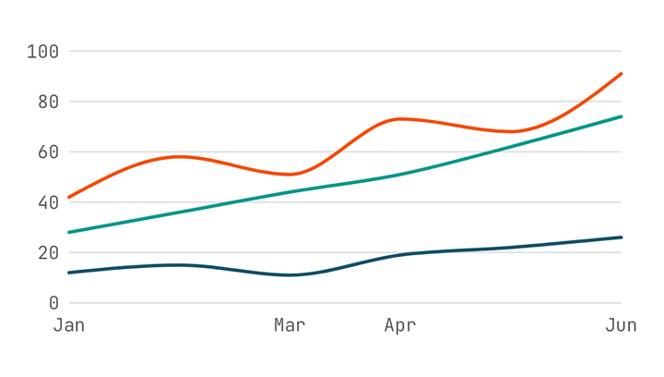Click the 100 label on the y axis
[x=42, y=52]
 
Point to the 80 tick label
[x=48, y=102]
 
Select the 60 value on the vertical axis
[x=48, y=152]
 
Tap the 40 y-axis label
[x=48, y=202]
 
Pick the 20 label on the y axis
[x=48, y=253]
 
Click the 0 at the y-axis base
[x=53, y=303]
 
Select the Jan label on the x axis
[x=69, y=325]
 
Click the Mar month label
[x=290, y=325]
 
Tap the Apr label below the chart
[x=400, y=325]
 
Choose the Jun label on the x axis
[x=621, y=325]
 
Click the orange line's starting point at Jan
[x=69, y=197]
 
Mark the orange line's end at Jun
[x=621, y=74]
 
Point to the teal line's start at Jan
[x=69, y=233]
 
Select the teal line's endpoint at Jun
[x=621, y=116]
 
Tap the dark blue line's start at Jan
[x=69, y=273]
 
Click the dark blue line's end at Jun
[x=621, y=237]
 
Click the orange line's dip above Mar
[x=290, y=175]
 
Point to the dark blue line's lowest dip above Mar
[x=290, y=275]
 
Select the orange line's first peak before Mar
[x=179, y=157]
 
